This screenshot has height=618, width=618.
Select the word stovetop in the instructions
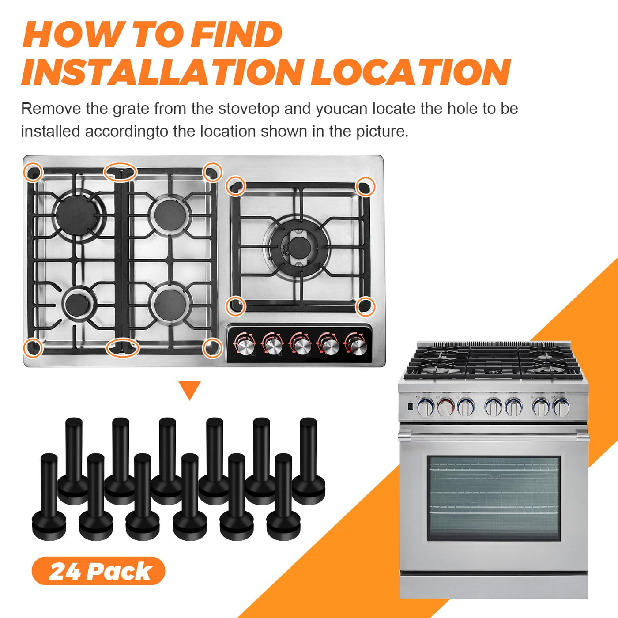coord(249,109)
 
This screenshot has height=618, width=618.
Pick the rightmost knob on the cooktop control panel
coord(357,346)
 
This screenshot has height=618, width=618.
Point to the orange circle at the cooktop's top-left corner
coord(33,172)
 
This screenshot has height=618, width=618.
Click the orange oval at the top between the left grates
coord(120,172)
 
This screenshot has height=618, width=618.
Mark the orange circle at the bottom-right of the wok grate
coord(366,306)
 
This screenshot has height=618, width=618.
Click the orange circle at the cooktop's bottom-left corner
coord(33,347)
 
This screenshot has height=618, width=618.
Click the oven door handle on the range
coord(494,436)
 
